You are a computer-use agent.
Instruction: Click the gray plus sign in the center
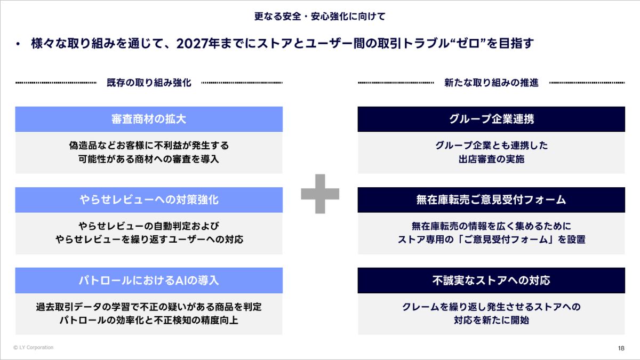click(320, 194)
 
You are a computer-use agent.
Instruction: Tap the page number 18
click(621, 348)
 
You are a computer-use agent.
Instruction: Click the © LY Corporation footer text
click(33, 347)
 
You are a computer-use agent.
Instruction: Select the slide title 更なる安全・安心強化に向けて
click(320, 17)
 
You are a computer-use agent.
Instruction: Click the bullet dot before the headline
click(18, 44)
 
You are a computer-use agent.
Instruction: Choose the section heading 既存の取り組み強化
click(149, 83)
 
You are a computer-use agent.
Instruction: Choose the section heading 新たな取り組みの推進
click(491, 83)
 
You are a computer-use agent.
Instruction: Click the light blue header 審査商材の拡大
click(149, 119)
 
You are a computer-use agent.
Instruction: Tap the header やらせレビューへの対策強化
click(149, 199)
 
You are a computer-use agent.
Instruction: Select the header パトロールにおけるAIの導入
click(149, 281)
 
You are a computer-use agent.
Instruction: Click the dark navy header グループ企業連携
click(491, 119)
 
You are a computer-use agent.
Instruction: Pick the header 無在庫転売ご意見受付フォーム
click(491, 199)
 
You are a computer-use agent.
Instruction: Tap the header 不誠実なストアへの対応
click(491, 281)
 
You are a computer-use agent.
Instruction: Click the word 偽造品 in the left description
click(83, 146)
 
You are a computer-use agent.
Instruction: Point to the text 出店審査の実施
click(491, 159)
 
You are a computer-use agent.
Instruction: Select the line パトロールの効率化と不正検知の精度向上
click(149, 320)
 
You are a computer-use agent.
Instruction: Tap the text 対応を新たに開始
click(491, 320)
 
